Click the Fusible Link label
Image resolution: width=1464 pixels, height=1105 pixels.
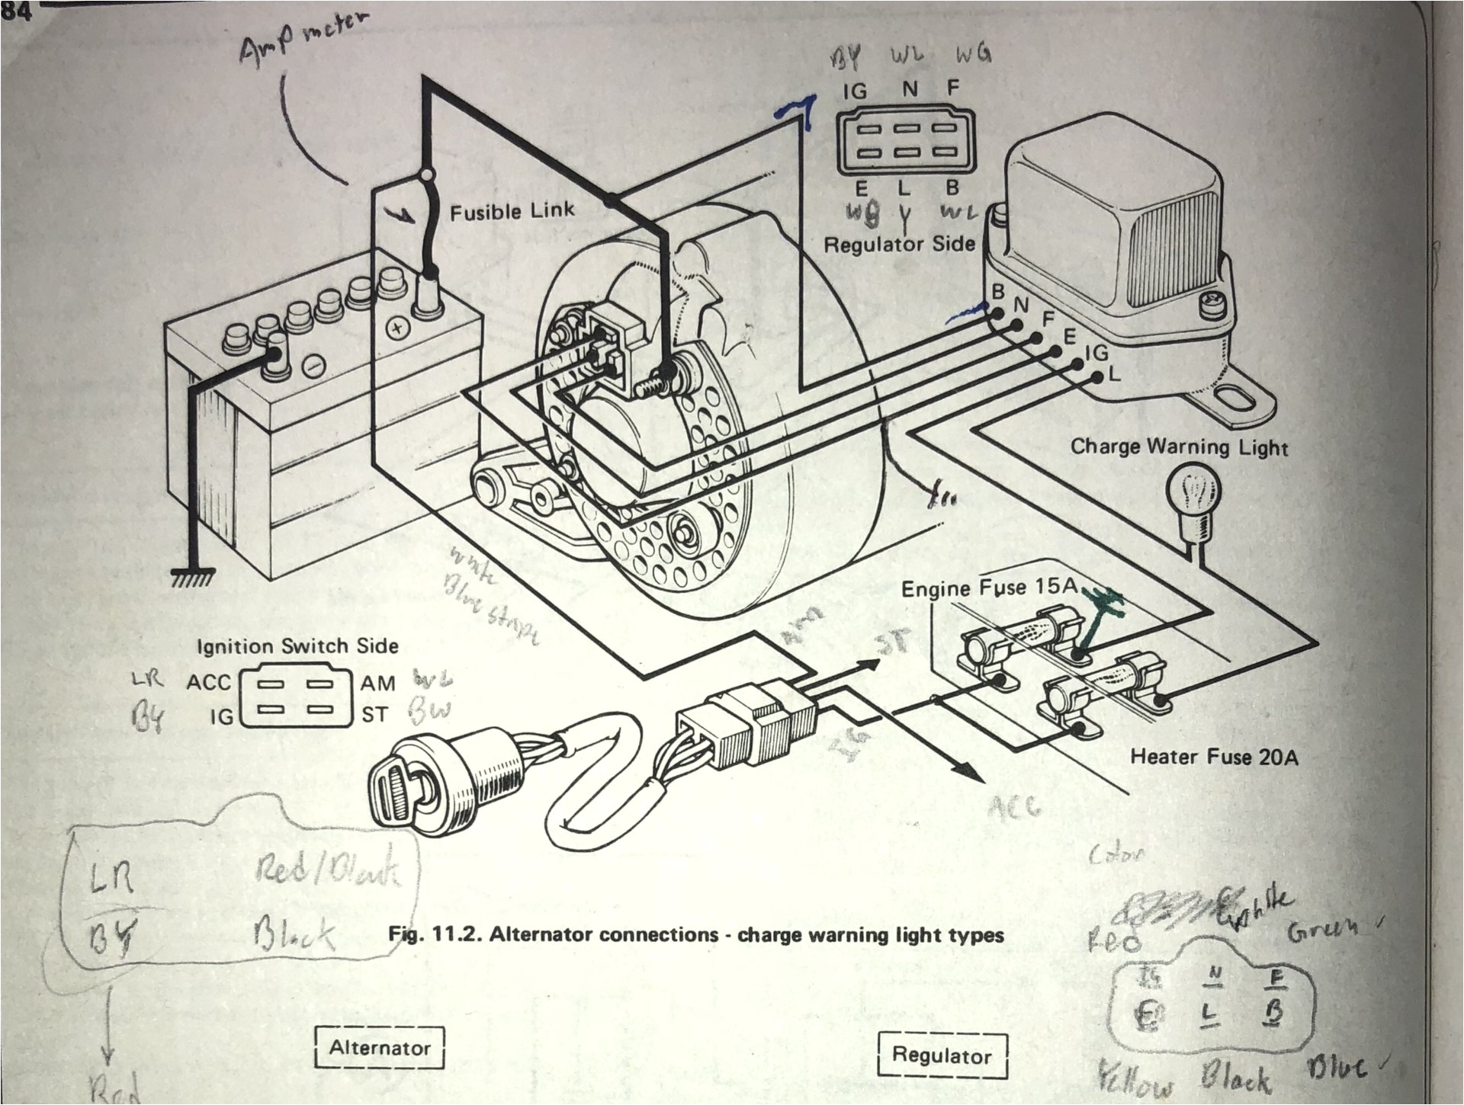point(512,211)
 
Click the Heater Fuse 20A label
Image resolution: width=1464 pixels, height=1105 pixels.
point(1214,757)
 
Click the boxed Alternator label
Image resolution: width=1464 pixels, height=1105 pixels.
point(379,1048)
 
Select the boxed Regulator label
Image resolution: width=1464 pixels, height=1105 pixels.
point(942,1055)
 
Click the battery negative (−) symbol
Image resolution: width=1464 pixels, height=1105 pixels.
point(313,367)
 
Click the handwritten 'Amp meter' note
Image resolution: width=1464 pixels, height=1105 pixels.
point(297,42)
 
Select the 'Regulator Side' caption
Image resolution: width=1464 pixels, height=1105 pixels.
point(900,244)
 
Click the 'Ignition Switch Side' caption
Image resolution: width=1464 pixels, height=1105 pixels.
point(297,646)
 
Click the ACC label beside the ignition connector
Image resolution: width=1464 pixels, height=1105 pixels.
point(208,682)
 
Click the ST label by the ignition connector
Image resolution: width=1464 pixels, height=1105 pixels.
point(375,715)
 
